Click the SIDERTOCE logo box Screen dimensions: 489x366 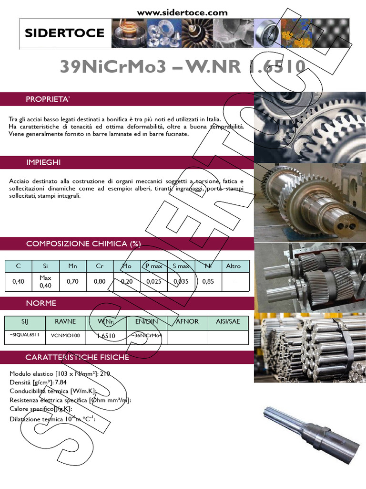(x=64, y=33)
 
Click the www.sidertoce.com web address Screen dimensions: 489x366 (x=183, y=12)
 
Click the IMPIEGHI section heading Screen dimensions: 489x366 (x=43, y=162)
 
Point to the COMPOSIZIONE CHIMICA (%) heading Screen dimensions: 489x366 (x=83, y=244)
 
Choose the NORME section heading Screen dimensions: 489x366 (x=41, y=303)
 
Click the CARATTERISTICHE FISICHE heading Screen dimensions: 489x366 (x=77, y=357)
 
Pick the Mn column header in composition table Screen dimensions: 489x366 (x=72, y=266)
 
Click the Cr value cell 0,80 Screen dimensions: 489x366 (x=100, y=282)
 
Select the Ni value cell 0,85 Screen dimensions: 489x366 (x=208, y=282)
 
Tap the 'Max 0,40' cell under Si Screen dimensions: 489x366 (x=45, y=282)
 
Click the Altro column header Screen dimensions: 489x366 (x=234, y=266)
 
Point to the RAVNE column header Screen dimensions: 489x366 (x=65, y=322)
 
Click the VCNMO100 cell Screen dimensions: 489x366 (x=65, y=336)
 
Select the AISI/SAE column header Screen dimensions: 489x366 (x=228, y=322)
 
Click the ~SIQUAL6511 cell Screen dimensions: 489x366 (x=25, y=336)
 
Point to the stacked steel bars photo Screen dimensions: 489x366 (x=310, y=347)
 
